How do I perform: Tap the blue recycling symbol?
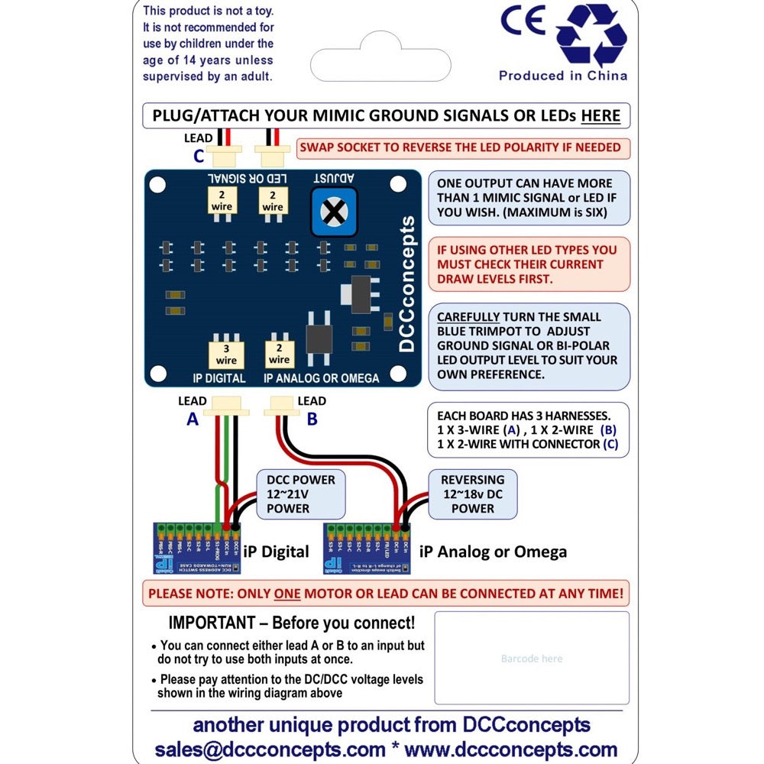591,36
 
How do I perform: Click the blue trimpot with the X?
333,211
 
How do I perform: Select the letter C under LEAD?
199,156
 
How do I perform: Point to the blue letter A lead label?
192,418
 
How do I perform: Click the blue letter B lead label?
312,418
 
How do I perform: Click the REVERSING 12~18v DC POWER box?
473,494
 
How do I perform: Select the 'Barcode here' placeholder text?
532,659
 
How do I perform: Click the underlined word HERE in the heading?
601,116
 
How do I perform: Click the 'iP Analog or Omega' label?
493,552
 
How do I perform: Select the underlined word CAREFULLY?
468,317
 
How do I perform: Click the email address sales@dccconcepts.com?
270,749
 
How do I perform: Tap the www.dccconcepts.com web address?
510,749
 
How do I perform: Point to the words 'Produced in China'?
563,76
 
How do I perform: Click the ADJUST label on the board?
333,178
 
